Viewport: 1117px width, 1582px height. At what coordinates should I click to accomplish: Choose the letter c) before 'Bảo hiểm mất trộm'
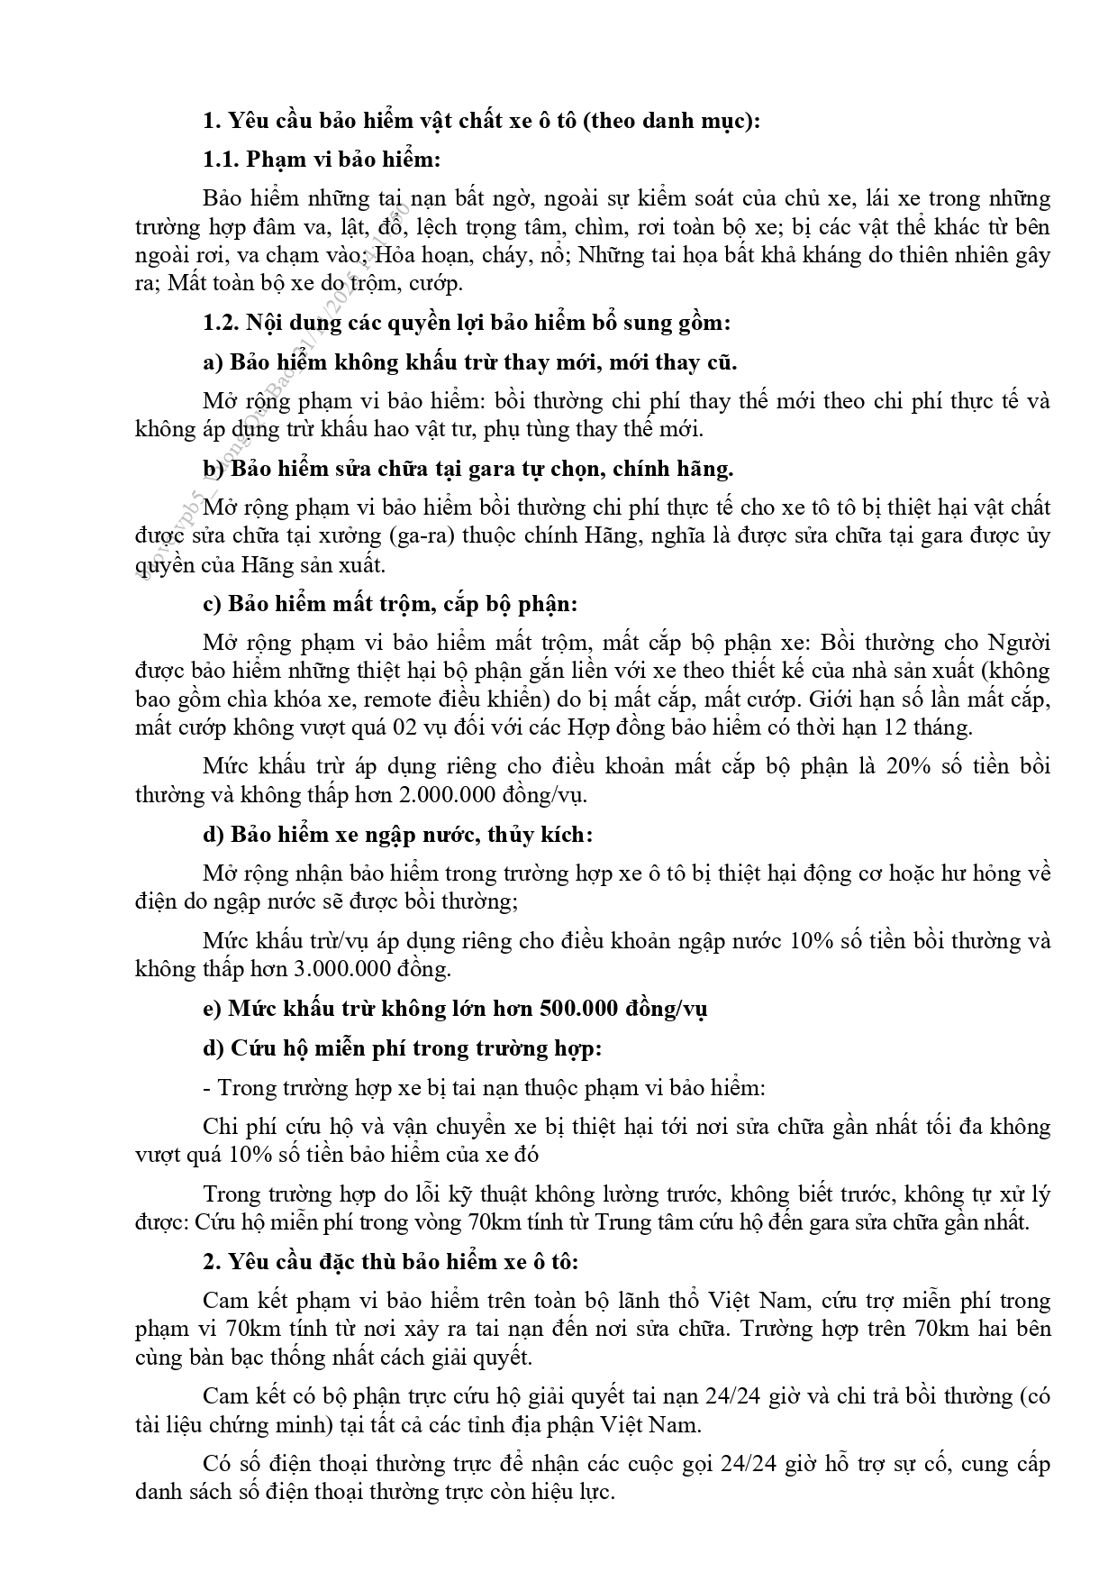tap(213, 603)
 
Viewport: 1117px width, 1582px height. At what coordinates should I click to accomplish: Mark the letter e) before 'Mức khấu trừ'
tap(213, 1008)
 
